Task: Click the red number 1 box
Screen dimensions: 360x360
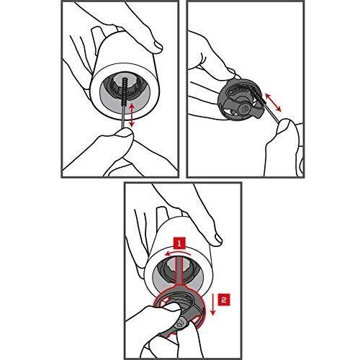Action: point(179,243)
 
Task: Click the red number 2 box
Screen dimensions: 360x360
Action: point(224,300)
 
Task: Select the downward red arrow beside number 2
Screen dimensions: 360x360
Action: point(212,304)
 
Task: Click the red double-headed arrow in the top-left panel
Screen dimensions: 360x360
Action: point(132,115)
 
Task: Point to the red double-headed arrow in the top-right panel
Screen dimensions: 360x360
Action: point(272,102)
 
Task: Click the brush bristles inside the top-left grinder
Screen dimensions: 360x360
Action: point(125,92)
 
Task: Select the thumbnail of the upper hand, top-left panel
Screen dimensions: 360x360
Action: point(158,46)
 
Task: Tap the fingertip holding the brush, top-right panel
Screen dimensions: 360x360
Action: point(285,128)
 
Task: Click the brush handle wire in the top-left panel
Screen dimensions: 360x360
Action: point(123,117)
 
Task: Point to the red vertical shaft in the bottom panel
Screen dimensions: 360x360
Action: point(179,269)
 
